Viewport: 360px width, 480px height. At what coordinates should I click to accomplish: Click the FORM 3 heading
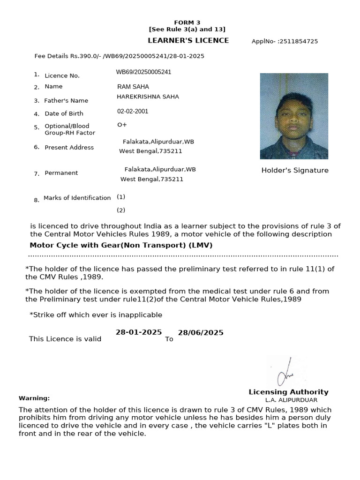pyautogui.click(x=187, y=22)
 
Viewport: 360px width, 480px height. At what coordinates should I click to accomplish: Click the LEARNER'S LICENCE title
pyautogui.click(x=188, y=41)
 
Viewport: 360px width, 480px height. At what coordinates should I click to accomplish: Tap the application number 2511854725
pyautogui.click(x=285, y=41)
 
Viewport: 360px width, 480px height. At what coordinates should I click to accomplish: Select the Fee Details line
pyautogui.click(x=119, y=56)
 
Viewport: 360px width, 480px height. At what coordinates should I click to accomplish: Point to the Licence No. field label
pyautogui.click(x=62, y=75)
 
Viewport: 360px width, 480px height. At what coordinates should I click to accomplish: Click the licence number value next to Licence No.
pyautogui.click(x=143, y=72)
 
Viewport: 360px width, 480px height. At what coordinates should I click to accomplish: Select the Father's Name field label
pyautogui.click(x=66, y=101)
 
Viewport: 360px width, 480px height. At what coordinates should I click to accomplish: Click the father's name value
pyautogui.click(x=148, y=97)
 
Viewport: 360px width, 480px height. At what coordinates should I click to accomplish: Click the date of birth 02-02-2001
pyautogui.click(x=133, y=112)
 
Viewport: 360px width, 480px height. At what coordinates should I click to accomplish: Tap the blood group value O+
pyautogui.click(x=122, y=125)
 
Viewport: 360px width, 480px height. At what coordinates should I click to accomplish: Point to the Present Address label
pyautogui.click(x=69, y=148)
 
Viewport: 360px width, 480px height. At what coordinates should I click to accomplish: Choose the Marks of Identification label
pyautogui.click(x=77, y=198)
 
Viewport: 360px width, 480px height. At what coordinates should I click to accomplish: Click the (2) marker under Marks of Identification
pyautogui.click(x=121, y=210)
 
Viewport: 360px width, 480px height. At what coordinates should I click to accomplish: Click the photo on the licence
pyautogui.click(x=294, y=116)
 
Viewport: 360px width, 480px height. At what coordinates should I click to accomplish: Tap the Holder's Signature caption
pyautogui.click(x=295, y=171)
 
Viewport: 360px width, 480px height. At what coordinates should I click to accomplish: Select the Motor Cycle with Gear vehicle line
pyautogui.click(x=118, y=245)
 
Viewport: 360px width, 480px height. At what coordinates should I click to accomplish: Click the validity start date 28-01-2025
pyautogui.click(x=139, y=332)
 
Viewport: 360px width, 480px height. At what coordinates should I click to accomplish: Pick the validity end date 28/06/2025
pyautogui.click(x=201, y=333)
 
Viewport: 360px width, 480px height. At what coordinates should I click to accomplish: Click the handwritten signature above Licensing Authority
pyautogui.click(x=284, y=373)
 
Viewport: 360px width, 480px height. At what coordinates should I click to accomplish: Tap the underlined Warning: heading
pyautogui.click(x=34, y=398)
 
